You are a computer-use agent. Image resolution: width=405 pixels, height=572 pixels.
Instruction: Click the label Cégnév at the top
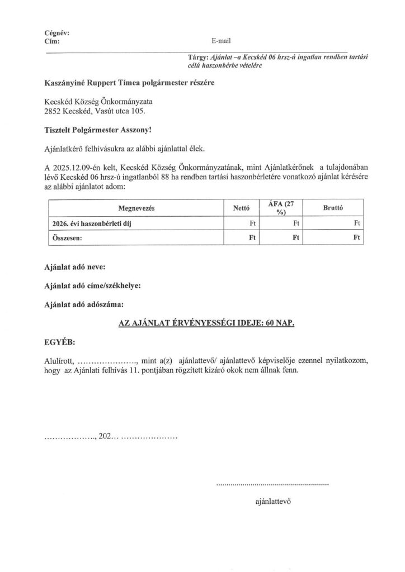[x=56, y=33]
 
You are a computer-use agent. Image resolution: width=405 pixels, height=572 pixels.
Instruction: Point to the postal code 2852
[x=53, y=112]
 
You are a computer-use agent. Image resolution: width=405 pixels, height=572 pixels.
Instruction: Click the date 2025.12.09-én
[x=78, y=167]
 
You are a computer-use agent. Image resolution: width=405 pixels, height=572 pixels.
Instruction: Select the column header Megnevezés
[x=136, y=208]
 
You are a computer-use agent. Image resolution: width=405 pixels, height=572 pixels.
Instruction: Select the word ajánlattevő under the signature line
[x=273, y=502]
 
